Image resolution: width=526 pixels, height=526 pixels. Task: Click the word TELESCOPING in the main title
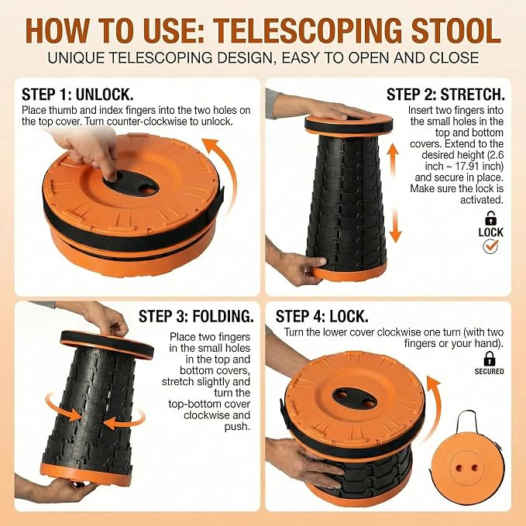308,31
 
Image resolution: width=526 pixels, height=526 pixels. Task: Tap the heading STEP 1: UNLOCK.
77,95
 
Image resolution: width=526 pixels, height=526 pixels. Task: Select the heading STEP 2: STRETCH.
445,95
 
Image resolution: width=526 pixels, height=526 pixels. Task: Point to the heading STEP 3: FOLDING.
196,316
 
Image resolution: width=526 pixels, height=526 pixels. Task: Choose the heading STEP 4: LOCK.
322,316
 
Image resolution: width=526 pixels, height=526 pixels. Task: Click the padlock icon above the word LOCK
491,218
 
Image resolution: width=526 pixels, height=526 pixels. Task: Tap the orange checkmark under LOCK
491,246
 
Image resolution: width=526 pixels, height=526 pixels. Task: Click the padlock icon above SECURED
490,359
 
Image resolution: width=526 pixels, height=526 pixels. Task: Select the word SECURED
489,371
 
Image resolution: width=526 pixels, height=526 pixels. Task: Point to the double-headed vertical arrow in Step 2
394,193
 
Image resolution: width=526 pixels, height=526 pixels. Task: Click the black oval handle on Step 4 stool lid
356,398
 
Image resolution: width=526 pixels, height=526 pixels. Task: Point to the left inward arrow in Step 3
64,408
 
